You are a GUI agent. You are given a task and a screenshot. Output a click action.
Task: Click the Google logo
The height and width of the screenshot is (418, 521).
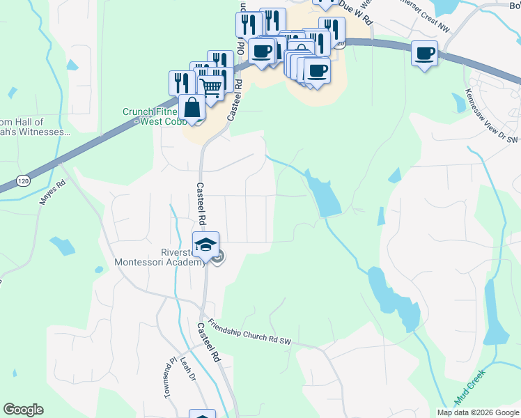point(23,410)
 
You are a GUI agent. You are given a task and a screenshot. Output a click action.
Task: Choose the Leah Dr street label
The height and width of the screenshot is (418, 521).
point(187,369)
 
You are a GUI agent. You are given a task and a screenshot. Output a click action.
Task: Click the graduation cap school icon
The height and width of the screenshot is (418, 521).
point(205,245)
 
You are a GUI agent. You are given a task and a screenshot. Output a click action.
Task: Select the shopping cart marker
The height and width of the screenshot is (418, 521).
point(212,86)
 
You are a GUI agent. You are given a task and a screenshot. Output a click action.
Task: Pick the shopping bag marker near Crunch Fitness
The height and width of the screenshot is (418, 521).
point(191,109)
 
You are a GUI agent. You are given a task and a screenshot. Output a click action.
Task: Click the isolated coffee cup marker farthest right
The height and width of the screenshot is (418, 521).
point(424,54)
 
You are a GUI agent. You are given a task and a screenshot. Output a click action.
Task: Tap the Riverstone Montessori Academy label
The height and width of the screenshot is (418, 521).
point(160,257)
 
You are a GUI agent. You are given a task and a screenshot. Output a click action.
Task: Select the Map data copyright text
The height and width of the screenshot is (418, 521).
point(478,412)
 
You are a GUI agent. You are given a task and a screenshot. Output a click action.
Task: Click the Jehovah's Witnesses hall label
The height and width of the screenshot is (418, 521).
point(35,126)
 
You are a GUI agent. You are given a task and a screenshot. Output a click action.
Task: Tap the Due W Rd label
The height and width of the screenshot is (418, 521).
point(355,15)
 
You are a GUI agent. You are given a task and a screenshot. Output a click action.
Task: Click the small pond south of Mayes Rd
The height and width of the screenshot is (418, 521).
point(63,246)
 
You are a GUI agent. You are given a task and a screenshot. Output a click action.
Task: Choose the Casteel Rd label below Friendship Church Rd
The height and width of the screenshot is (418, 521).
point(208,342)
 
